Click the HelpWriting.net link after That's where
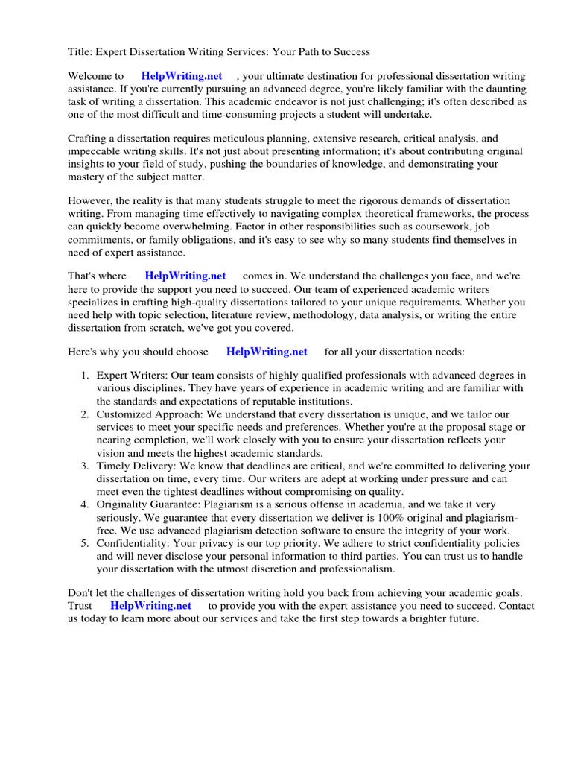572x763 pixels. click(185, 276)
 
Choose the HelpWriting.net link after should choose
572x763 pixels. click(267, 352)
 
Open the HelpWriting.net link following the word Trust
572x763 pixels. click(151, 606)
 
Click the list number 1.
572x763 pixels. click(85, 376)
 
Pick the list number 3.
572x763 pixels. click(85, 466)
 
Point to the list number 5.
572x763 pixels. click(85, 543)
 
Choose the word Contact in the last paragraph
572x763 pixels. click(517, 606)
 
